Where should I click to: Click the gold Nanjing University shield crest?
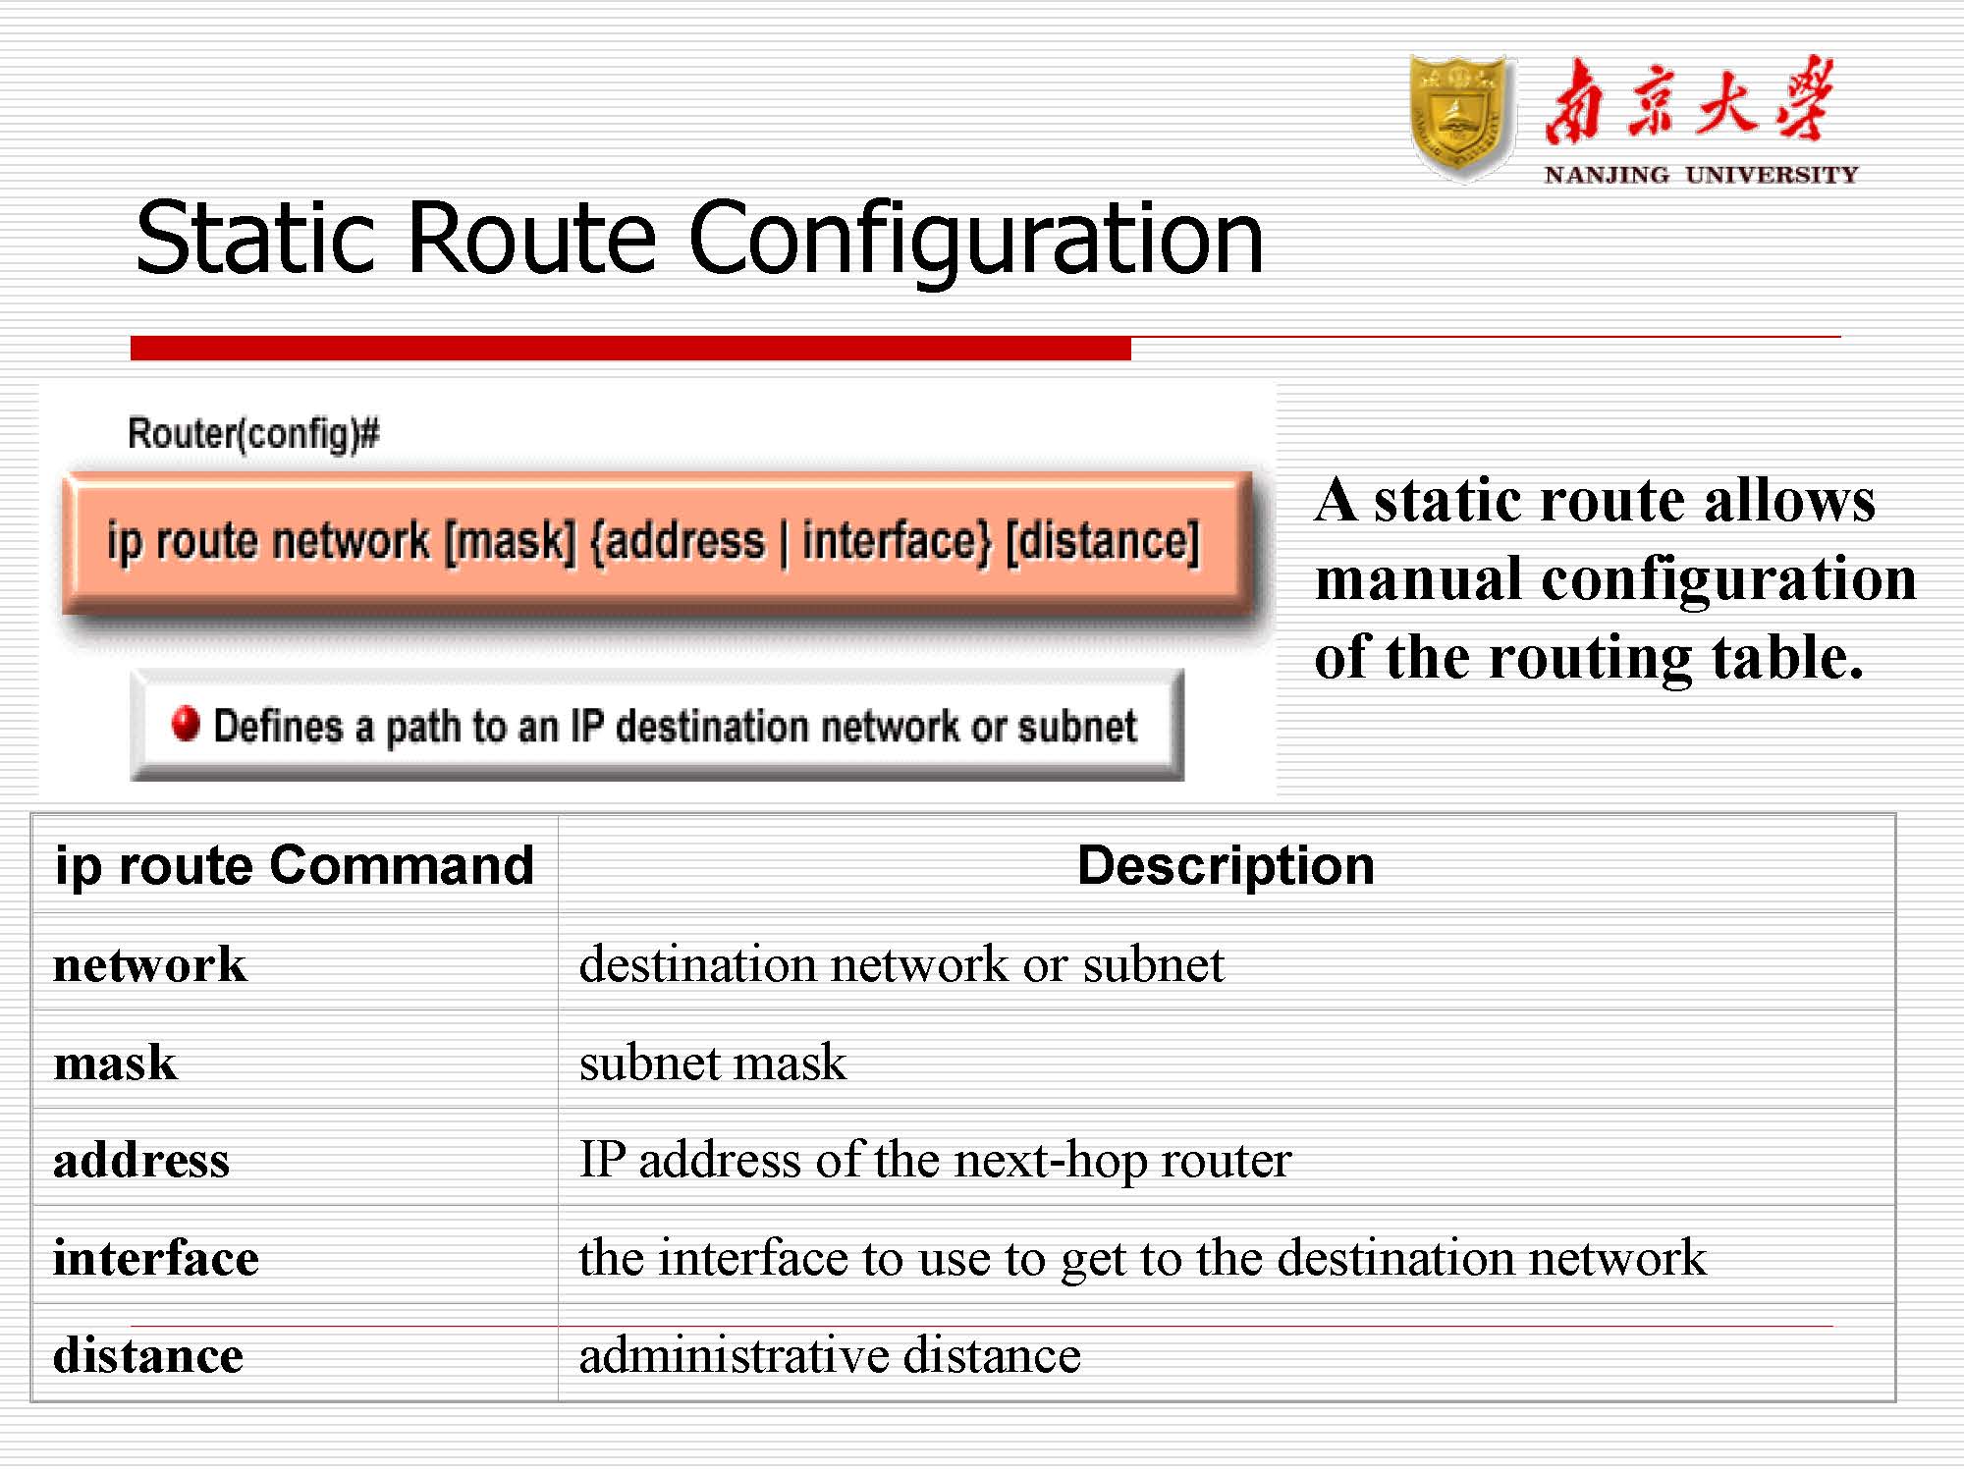click(1461, 118)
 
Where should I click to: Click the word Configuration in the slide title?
click(976, 239)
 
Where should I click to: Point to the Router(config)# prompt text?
click(253, 433)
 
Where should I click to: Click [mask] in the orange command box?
click(510, 541)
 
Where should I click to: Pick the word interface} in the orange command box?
click(898, 541)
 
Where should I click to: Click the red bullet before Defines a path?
click(185, 724)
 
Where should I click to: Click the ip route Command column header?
click(295, 866)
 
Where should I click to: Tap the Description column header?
click(1226, 865)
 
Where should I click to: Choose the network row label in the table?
click(149, 964)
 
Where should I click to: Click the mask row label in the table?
click(116, 1063)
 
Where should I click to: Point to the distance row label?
click(148, 1356)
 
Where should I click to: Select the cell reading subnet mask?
click(713, 1063)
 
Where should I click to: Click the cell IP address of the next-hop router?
click(935, 1161)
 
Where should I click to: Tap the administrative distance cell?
click(830, 1356)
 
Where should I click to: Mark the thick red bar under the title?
click(630, 348)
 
